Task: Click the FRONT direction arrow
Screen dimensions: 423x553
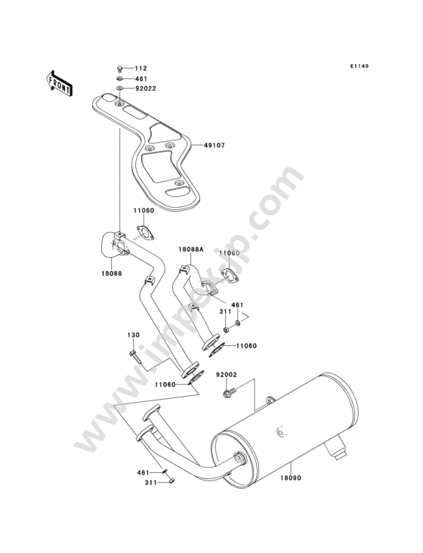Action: coord(59,83)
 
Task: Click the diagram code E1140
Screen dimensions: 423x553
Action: coord(360,66)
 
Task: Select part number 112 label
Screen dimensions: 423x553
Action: coord(140,69)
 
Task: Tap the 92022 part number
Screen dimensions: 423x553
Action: coord(146,88)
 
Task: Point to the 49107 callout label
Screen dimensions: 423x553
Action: coord(214,145)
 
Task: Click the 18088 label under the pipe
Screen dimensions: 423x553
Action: coord(111,273)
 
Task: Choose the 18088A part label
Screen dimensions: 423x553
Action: coord(190,249)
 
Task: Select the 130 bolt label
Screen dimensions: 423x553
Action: coord(134,335)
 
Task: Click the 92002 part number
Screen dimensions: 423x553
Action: coord(227,375)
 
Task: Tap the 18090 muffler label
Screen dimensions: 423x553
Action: coord(291,478)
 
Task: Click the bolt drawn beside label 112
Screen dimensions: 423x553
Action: coord(119,69)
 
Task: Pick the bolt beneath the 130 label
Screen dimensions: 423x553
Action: coord(135,357)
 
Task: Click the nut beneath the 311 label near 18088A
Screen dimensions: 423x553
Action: coord(226,330)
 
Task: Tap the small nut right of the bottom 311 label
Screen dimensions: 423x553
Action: coord(172,480)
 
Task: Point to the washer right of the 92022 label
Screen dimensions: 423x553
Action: coord(119,88)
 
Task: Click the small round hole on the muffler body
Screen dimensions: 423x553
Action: coord(280,431)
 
